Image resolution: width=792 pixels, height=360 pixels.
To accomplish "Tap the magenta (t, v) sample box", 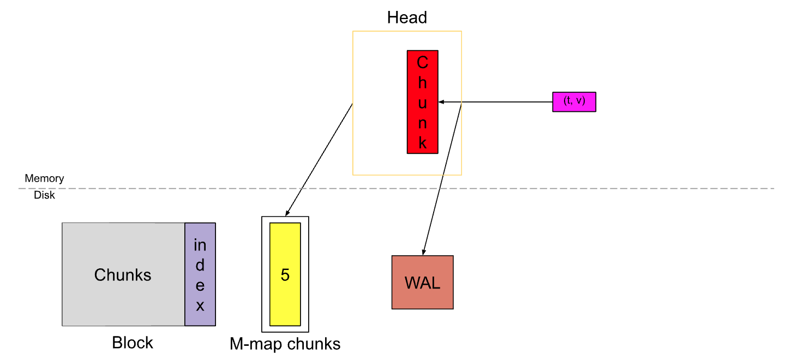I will click(574, 102).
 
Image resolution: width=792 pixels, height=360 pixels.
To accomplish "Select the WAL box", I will click(422, 282).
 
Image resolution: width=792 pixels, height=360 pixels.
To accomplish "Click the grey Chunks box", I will click(123, 274).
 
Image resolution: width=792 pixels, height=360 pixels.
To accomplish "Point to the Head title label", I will click(407, 17).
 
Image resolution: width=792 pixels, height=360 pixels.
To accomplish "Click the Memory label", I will click(44, 178).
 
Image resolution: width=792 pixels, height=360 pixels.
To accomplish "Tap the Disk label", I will click(44, 195).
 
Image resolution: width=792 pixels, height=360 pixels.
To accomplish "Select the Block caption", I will click(133, 343).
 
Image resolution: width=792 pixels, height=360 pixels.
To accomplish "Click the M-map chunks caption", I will click(285, 344).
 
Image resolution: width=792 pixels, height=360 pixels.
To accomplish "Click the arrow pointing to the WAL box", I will click(442, 180).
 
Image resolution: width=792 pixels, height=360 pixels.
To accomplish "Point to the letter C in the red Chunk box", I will click(423, 63).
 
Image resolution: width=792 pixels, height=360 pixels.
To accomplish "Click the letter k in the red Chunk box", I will click(423, 143).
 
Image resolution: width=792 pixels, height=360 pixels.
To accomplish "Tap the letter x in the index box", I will click(200, 306).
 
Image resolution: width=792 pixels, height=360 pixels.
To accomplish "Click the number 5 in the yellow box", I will click(285, 275).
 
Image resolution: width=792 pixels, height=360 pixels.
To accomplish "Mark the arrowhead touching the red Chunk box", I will click(442, 101).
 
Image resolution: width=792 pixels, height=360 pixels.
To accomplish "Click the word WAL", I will click(422, 283).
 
